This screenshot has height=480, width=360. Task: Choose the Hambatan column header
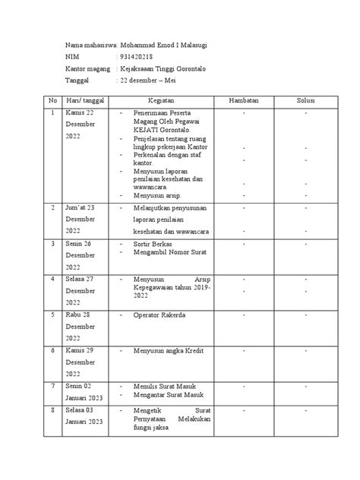coord(244,101)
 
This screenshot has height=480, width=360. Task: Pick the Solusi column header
coord(305,101)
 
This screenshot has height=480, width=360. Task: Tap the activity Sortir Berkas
coord(150,245)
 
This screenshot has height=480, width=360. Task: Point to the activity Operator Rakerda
coord(158,314)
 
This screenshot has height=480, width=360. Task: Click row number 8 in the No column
coord(53,410)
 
